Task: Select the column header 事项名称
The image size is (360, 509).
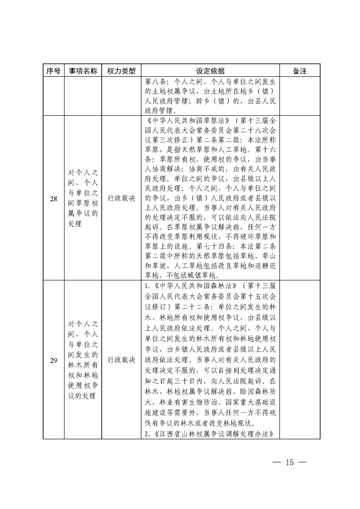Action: (x=83, y=71)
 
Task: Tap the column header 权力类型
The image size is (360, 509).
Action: (x=121, y=71)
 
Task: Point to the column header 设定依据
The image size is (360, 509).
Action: (x=210, y=71)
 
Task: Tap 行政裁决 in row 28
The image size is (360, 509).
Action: (x=121, y=198)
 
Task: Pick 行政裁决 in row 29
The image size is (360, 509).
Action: (x=121, y=361)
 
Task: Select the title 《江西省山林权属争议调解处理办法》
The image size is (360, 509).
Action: (x=212, y=434)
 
